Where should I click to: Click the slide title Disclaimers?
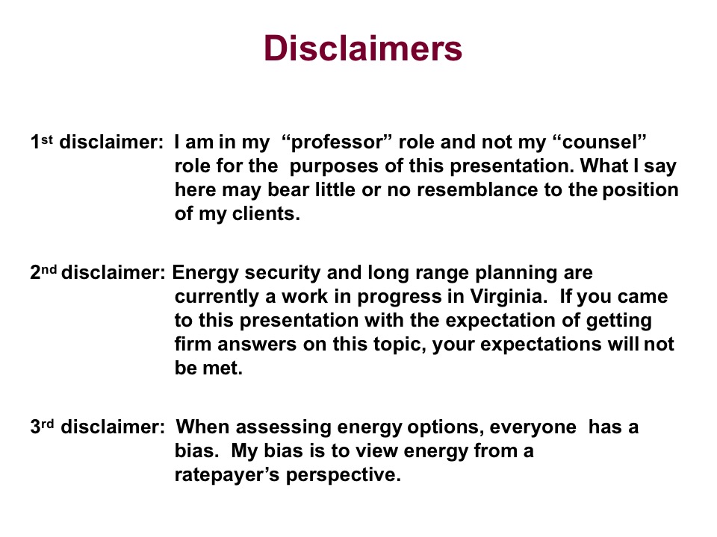363,48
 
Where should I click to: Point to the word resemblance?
477,189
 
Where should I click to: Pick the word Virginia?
509,297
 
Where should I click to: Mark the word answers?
257,344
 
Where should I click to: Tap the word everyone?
533,427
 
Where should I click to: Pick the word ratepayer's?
227,475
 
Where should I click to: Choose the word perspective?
344,475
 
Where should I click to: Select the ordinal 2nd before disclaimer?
43,272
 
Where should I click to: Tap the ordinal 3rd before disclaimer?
42,427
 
